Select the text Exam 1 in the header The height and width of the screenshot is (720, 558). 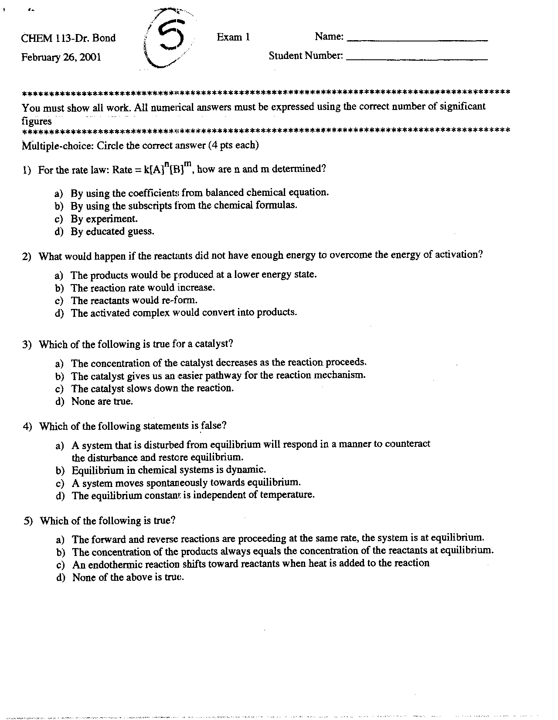(233, 37)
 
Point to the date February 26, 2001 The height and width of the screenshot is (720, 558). (61, 57)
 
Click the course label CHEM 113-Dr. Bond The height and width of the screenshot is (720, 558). (68, 38)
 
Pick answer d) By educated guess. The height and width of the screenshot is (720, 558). (112, 231)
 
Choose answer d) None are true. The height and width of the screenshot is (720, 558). (102, 401)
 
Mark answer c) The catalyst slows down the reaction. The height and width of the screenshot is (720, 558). (152, 388)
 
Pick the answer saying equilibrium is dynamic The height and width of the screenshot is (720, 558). (168, 470)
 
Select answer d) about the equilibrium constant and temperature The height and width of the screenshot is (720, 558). (193, 495)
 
